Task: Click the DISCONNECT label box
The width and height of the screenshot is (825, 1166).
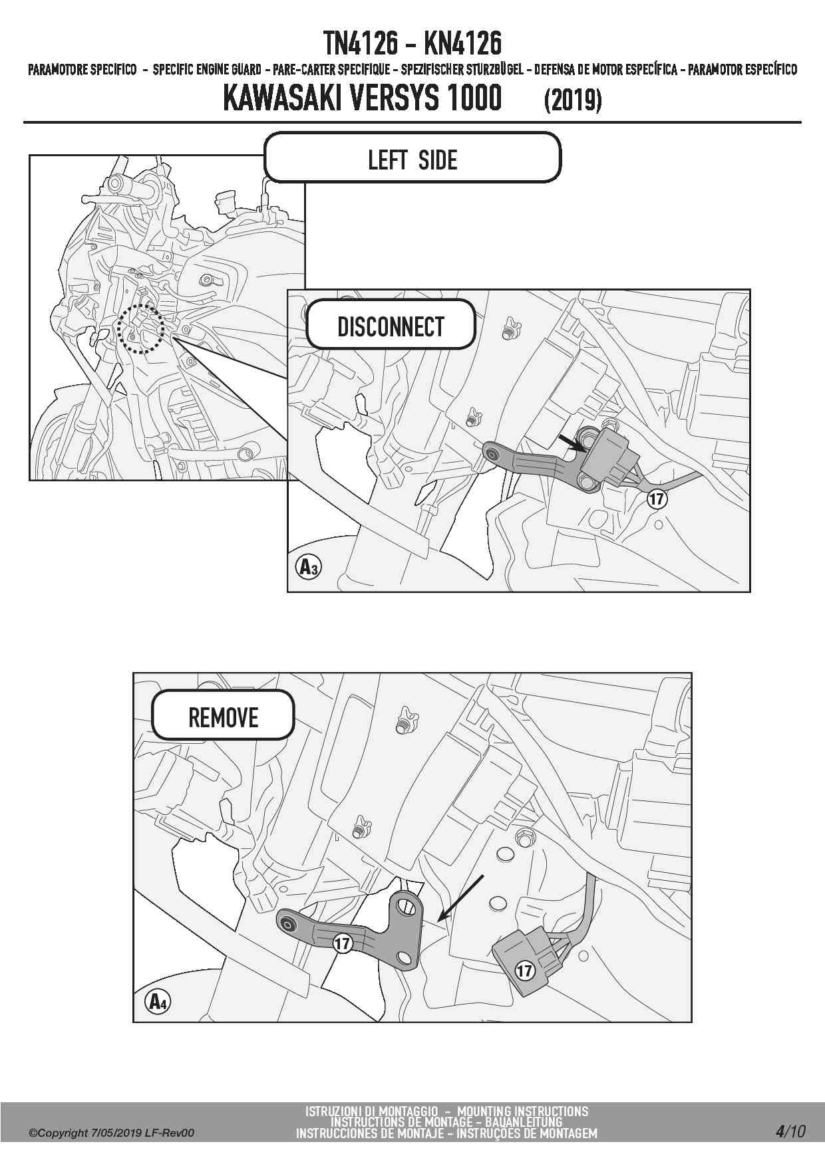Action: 391,324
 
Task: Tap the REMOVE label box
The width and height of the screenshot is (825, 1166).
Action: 223,715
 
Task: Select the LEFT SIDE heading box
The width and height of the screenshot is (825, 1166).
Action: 412,158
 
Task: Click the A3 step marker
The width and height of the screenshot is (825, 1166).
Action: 307,567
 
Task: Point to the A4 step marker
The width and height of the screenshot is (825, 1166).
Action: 157,1001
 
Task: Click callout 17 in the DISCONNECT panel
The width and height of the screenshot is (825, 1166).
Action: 657,498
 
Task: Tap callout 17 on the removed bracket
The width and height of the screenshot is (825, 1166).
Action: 342,943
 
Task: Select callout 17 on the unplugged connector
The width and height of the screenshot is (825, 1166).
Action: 525,971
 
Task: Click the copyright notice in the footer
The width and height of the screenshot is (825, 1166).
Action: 111,1133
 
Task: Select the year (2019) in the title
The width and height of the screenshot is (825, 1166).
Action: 573,100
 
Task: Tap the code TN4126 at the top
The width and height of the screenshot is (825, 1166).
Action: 360,44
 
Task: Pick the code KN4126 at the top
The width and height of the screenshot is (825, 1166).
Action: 463,44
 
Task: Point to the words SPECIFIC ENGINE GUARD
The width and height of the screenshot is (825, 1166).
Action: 207,70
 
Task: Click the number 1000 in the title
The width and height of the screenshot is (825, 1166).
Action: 474,98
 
